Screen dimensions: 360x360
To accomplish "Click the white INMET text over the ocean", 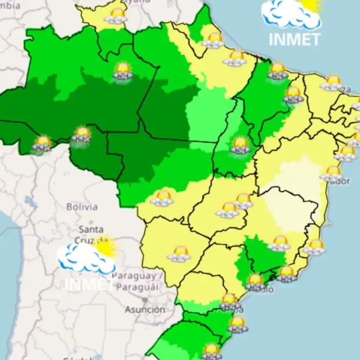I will pyautogui.click(x=294, y=39).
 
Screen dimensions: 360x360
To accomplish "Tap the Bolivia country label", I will pyautogui.click(x=82, y=207).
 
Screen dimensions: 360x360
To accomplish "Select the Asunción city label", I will pyautogui.click(x=145, y=309).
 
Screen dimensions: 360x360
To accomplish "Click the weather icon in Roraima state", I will pyautogui.click(x=116, y=15).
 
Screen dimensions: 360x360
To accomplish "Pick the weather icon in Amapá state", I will pyautogui.click(x=214, y=40).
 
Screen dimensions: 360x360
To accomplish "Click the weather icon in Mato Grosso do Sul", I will pyautogui.click(x=180, y=254).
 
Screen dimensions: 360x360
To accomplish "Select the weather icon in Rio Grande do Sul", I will pyautogui.click(x=211, y=352).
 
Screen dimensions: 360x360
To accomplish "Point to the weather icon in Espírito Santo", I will pyautogui.click(x=315, y=247).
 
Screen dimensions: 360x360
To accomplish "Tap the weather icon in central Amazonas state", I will pyautogui.click(x=123, y=71).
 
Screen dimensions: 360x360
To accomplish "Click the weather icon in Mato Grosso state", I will pyautogui.click(x=163, y=198).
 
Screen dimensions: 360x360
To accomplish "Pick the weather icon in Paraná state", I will pyautogui.click(x=230, y=302).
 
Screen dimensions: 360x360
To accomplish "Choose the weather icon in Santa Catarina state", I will pyautogui.click(x=237, y=324).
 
